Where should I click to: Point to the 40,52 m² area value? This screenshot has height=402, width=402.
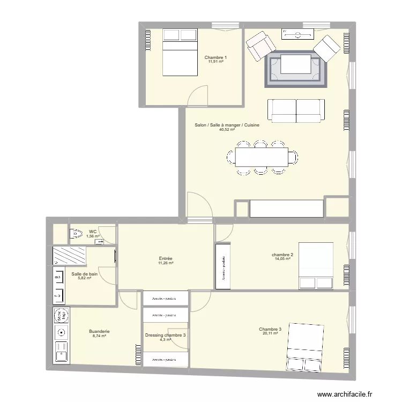click(227, 129)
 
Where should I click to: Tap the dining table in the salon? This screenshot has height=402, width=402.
click(262, 157)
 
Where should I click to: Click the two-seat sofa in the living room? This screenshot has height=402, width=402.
click(296, 110)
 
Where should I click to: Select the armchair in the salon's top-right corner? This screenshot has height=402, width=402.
click(326, 48)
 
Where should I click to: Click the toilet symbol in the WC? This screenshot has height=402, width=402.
click(75, 234)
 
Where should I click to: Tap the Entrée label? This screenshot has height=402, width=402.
click(165, 258)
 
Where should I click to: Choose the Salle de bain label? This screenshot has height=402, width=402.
click(85, 274)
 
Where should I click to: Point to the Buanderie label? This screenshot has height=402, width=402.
click(100, 331)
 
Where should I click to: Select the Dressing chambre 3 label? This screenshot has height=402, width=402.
click(166, 336)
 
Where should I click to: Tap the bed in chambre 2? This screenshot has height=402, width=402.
click(316, 266)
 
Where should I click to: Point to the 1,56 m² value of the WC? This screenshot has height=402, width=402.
click(93, 236)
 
